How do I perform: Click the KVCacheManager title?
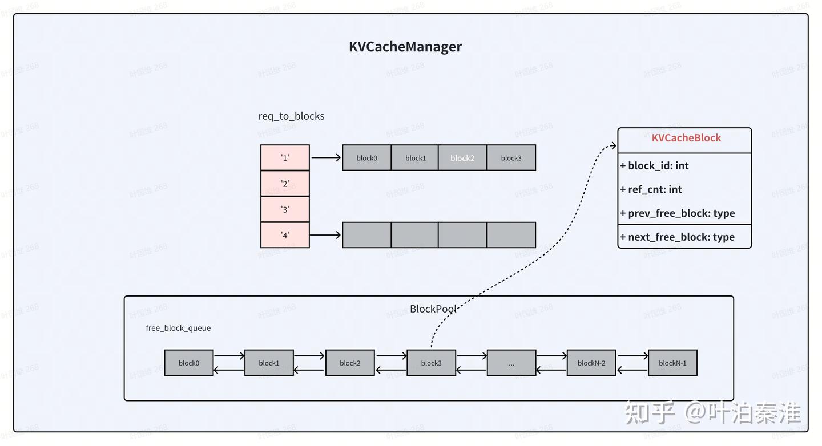405,47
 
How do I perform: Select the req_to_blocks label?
291,116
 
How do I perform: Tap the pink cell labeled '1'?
285,158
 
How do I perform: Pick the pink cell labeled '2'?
285,184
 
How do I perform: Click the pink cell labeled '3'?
285,209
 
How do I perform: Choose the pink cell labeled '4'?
285,235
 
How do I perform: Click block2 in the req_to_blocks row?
462,158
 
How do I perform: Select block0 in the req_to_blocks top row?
366,158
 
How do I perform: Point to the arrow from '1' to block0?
325,158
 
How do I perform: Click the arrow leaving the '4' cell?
325,235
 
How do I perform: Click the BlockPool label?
433,309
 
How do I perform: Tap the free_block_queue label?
178,328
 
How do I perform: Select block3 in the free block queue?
431,363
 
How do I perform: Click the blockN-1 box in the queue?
672,363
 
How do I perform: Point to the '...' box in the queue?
511,363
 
